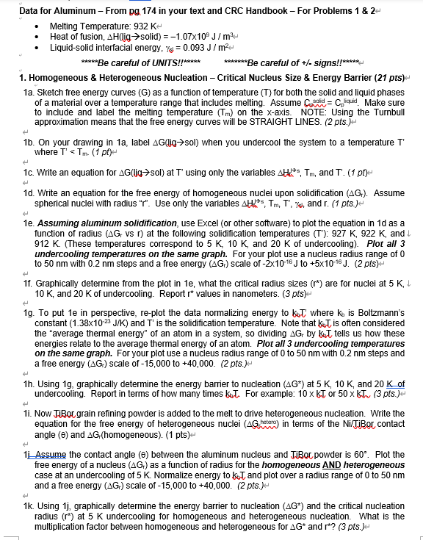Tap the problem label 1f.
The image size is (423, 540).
29,281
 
